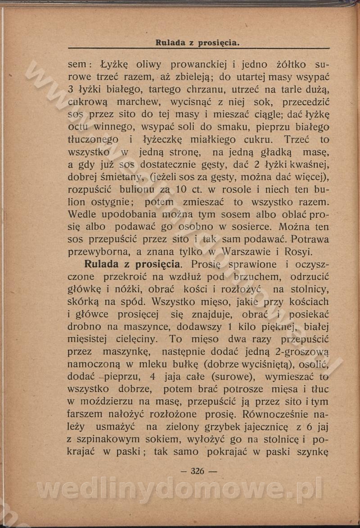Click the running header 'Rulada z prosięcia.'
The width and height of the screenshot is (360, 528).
[x=197, y=43]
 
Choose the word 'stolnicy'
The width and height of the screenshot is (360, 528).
[x=310, y=289]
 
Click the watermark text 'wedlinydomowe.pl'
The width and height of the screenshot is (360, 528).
[x=180, y=489]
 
